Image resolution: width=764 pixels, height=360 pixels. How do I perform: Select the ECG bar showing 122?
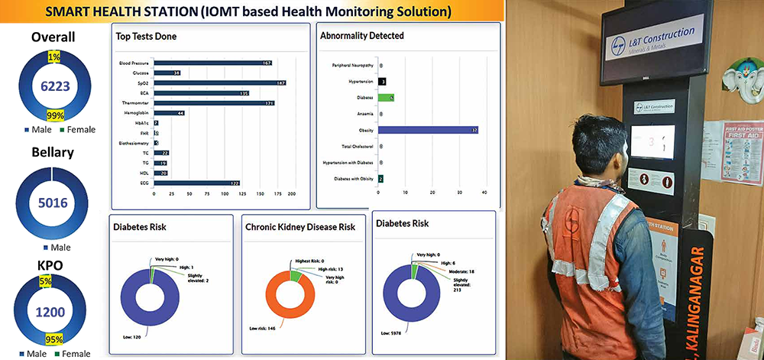coord(198,183)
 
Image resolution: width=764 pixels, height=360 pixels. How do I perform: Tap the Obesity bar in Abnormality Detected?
coord(428,130)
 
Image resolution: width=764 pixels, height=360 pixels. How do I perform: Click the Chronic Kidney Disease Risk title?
coord(299,227)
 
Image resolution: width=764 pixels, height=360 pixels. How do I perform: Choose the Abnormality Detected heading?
coord(362,36)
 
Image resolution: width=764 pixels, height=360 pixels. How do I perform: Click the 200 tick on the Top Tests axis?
coord(291,194)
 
